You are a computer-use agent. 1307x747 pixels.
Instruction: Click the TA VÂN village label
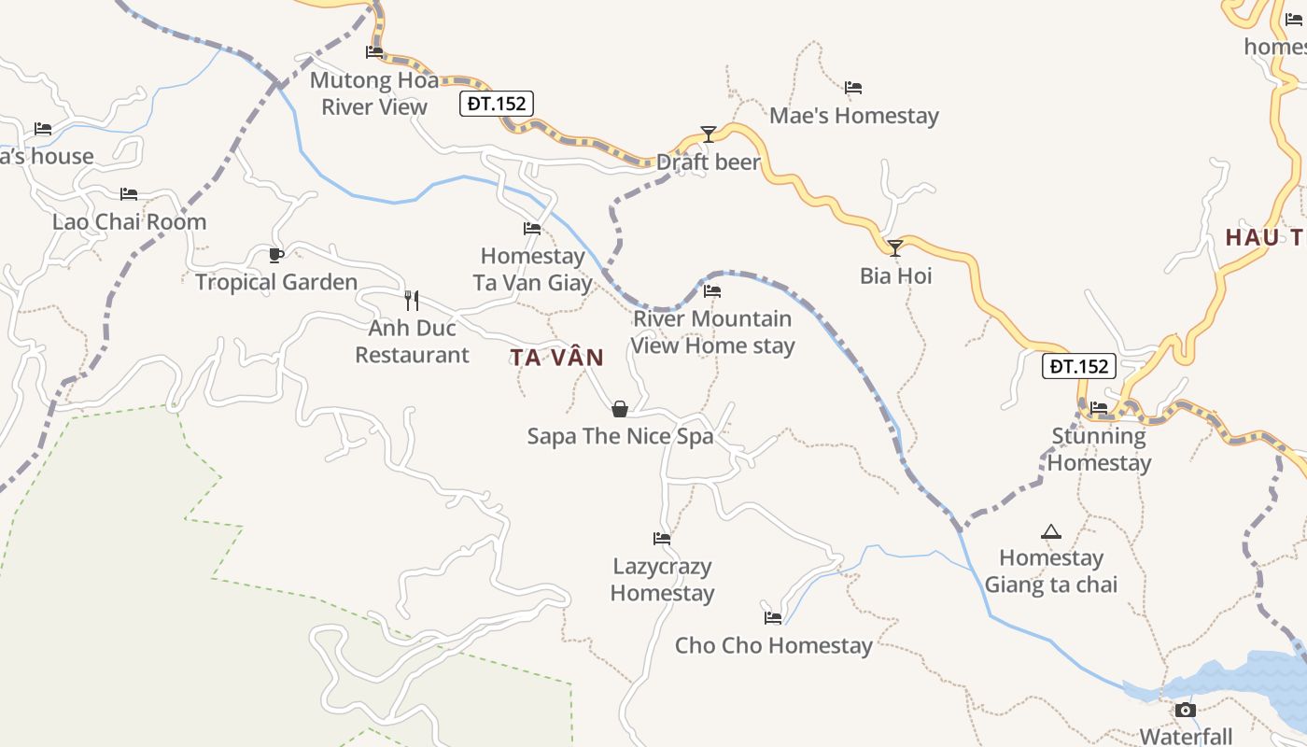[x=556, y=358]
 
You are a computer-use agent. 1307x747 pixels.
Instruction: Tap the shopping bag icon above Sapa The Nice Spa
[x=619, y=409]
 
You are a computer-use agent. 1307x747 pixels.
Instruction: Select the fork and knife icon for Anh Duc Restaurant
[x=411, y=300]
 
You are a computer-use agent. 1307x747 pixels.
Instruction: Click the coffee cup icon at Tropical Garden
[x=275, y=255]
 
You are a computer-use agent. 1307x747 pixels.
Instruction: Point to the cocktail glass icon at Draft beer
[x=709, y=134]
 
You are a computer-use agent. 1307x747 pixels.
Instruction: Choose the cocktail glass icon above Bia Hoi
[x=895, y=247]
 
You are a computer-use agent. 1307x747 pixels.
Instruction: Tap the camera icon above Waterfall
[x=1186, y=710]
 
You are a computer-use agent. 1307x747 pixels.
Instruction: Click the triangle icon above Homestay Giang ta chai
[x=1051, y=531]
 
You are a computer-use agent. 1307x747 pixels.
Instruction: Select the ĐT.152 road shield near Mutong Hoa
[x=497, y=104]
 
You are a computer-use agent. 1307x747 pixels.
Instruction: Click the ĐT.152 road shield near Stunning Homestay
[x=1079, y=366]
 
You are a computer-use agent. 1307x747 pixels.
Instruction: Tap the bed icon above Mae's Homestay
[x=853, y=88]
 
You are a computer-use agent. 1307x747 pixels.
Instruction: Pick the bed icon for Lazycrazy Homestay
[x=662, y=538]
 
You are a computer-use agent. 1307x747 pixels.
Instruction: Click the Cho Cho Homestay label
[x=773, y=645]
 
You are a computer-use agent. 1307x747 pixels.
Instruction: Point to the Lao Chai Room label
[x=129, y=222]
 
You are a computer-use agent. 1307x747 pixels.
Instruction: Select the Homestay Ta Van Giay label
[x=532, y=269]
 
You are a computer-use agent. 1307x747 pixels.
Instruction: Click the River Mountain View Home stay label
[x=713, y=331]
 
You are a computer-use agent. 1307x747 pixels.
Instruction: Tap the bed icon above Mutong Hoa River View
[x=374, y=51]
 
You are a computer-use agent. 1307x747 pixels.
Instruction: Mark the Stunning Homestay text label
[x=1099, y=449]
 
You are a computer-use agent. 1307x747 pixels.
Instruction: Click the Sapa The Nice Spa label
[x=620, y=436]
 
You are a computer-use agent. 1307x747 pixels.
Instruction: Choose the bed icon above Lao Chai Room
[x=129, y=194]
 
